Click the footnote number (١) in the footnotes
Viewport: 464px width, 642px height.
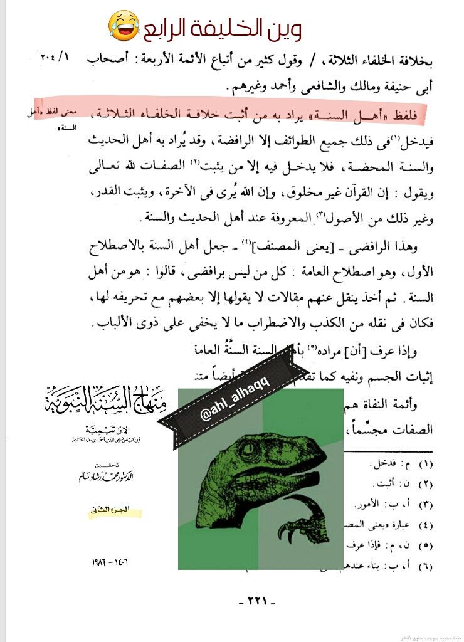(424, 465)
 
